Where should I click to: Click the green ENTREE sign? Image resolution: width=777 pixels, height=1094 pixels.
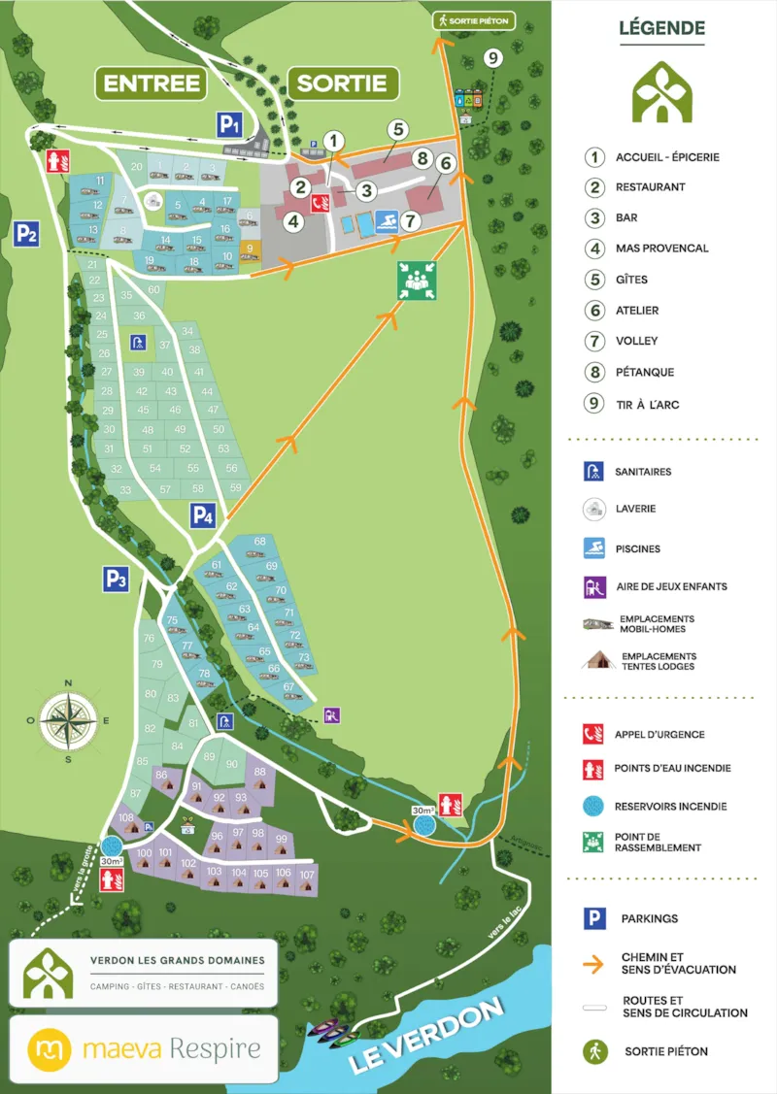(x=152, y=83)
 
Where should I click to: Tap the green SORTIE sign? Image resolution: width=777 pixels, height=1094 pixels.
(x=342, y=83)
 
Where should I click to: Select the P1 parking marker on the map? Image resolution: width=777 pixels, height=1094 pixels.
(x=228, y=123)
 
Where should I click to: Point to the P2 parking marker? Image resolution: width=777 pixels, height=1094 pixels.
(x=25, y=233)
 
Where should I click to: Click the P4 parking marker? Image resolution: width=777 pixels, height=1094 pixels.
(x=201, y=515)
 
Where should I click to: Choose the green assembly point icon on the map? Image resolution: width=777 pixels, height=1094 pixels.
(x=416, y=280)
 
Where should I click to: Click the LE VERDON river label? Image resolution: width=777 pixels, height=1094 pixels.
(x=427, y=1035)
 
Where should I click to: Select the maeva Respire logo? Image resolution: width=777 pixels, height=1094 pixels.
(x=145, y=1049)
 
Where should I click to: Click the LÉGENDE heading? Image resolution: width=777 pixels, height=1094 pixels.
(x=662, y=29)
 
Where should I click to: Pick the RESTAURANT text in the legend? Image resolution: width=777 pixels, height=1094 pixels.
(x=650, y=187)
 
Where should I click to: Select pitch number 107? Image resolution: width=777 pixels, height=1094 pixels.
(x=308, y=875)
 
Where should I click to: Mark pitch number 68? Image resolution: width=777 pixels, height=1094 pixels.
(x=259, y=542)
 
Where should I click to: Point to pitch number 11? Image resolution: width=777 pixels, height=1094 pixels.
(x=100, y=181)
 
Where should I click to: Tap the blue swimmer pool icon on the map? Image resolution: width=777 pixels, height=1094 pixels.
(x=386, y=220)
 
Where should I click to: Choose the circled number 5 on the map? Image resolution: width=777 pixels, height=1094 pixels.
(x=396, y=129)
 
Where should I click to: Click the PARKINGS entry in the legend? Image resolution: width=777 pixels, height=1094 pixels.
(x=650, y=918)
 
